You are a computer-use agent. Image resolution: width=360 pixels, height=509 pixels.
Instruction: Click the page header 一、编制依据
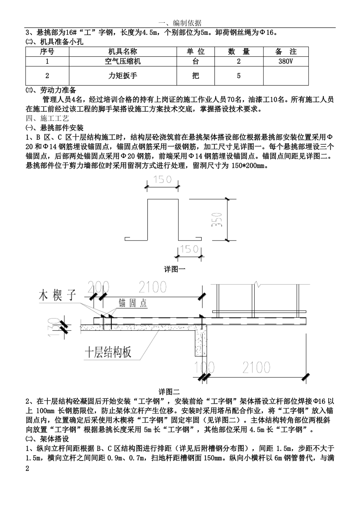180,23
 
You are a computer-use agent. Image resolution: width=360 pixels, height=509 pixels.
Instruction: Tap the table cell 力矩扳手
122,76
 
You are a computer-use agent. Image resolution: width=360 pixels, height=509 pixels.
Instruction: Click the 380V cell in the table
285,61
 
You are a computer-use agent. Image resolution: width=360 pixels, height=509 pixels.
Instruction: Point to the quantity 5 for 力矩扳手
238,76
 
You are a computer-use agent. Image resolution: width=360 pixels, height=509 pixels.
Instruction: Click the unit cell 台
195,61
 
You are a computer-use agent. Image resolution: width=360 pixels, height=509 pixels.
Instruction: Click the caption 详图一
174,269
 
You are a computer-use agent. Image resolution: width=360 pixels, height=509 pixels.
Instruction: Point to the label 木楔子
58,295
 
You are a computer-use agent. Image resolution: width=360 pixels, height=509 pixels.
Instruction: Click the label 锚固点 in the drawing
133,303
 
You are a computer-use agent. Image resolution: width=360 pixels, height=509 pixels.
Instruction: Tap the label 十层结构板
108,352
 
